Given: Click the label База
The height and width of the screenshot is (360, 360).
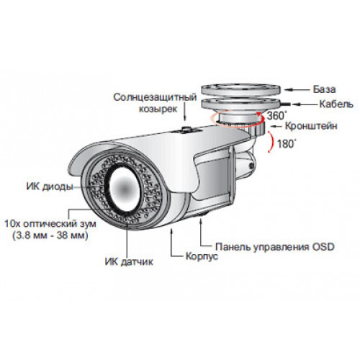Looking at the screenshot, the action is [324, 89].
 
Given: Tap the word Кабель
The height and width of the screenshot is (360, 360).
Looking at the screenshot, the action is [336, 104].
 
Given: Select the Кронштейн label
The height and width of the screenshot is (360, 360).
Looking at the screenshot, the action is [311, 126].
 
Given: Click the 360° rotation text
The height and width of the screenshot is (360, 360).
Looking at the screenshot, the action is [277, 116].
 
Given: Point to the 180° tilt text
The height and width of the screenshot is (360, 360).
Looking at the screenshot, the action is [287, 144].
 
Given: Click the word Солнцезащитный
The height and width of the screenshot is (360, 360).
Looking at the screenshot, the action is [155, 97].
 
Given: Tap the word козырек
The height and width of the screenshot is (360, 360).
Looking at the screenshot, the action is [158, 109].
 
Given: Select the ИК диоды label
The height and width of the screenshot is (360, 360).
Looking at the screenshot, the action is [50, 186].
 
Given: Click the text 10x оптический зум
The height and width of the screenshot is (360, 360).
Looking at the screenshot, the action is [50, 224].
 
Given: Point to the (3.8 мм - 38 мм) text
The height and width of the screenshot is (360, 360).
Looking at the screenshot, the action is [50, 235].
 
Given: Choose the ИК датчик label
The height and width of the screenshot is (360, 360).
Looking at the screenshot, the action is [129, 261].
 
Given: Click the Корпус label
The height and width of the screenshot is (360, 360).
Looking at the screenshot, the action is [202, 256].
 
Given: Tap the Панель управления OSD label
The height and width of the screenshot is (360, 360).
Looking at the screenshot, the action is [275, 247].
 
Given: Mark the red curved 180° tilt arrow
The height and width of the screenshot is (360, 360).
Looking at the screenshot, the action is [271, 142].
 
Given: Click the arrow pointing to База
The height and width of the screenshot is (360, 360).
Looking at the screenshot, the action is [297, 89].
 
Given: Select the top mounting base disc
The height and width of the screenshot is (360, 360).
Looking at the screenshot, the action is [240, 89].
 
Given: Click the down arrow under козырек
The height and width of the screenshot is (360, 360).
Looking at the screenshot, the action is [184, 111].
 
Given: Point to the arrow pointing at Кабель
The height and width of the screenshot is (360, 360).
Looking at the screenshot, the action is [304, 104].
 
